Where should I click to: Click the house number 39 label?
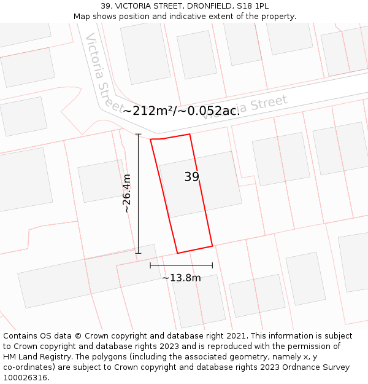(191, 177)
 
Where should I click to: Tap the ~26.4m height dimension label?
(126, 194)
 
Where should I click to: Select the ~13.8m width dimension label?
(182, 278)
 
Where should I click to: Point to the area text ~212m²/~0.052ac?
(181, 111)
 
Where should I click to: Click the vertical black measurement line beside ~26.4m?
(138, 194)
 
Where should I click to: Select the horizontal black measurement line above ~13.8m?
(182, 265)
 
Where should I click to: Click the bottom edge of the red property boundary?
(195, 249)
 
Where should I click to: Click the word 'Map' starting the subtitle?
(82, 16)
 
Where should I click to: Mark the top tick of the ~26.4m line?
(138, 134)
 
